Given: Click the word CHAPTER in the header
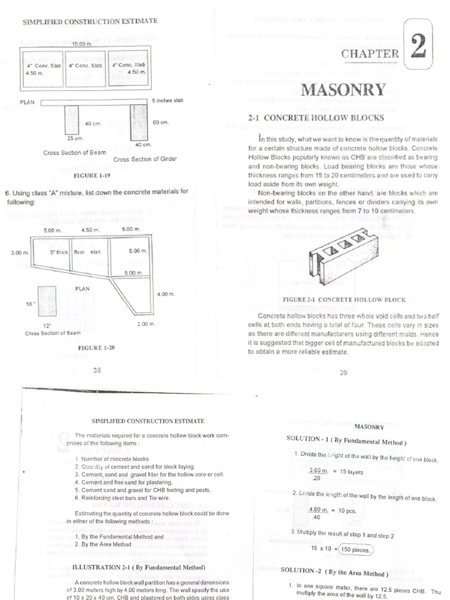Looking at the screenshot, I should [x=370, y=54].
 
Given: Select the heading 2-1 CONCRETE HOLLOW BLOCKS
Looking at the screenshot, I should [x=316, y=118].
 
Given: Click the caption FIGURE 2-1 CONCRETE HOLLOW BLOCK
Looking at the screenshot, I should [x=344, y=299].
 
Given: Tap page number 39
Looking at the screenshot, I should [x=343, y=373].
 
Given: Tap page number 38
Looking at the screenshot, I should [x=97, y=370].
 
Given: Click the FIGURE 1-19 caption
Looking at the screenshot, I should [x=91, y=175].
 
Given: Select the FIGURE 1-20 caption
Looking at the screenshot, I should [x=96, y=347].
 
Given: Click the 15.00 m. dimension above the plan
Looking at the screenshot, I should [x=82, y=44].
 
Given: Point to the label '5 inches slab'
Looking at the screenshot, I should [x=168, y=100].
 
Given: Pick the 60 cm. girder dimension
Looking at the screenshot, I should [x=161, y=122].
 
